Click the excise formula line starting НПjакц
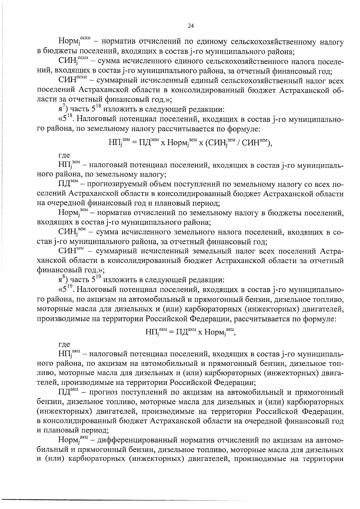click(x=190, y=332)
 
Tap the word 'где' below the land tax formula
click(x=64, y=155)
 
